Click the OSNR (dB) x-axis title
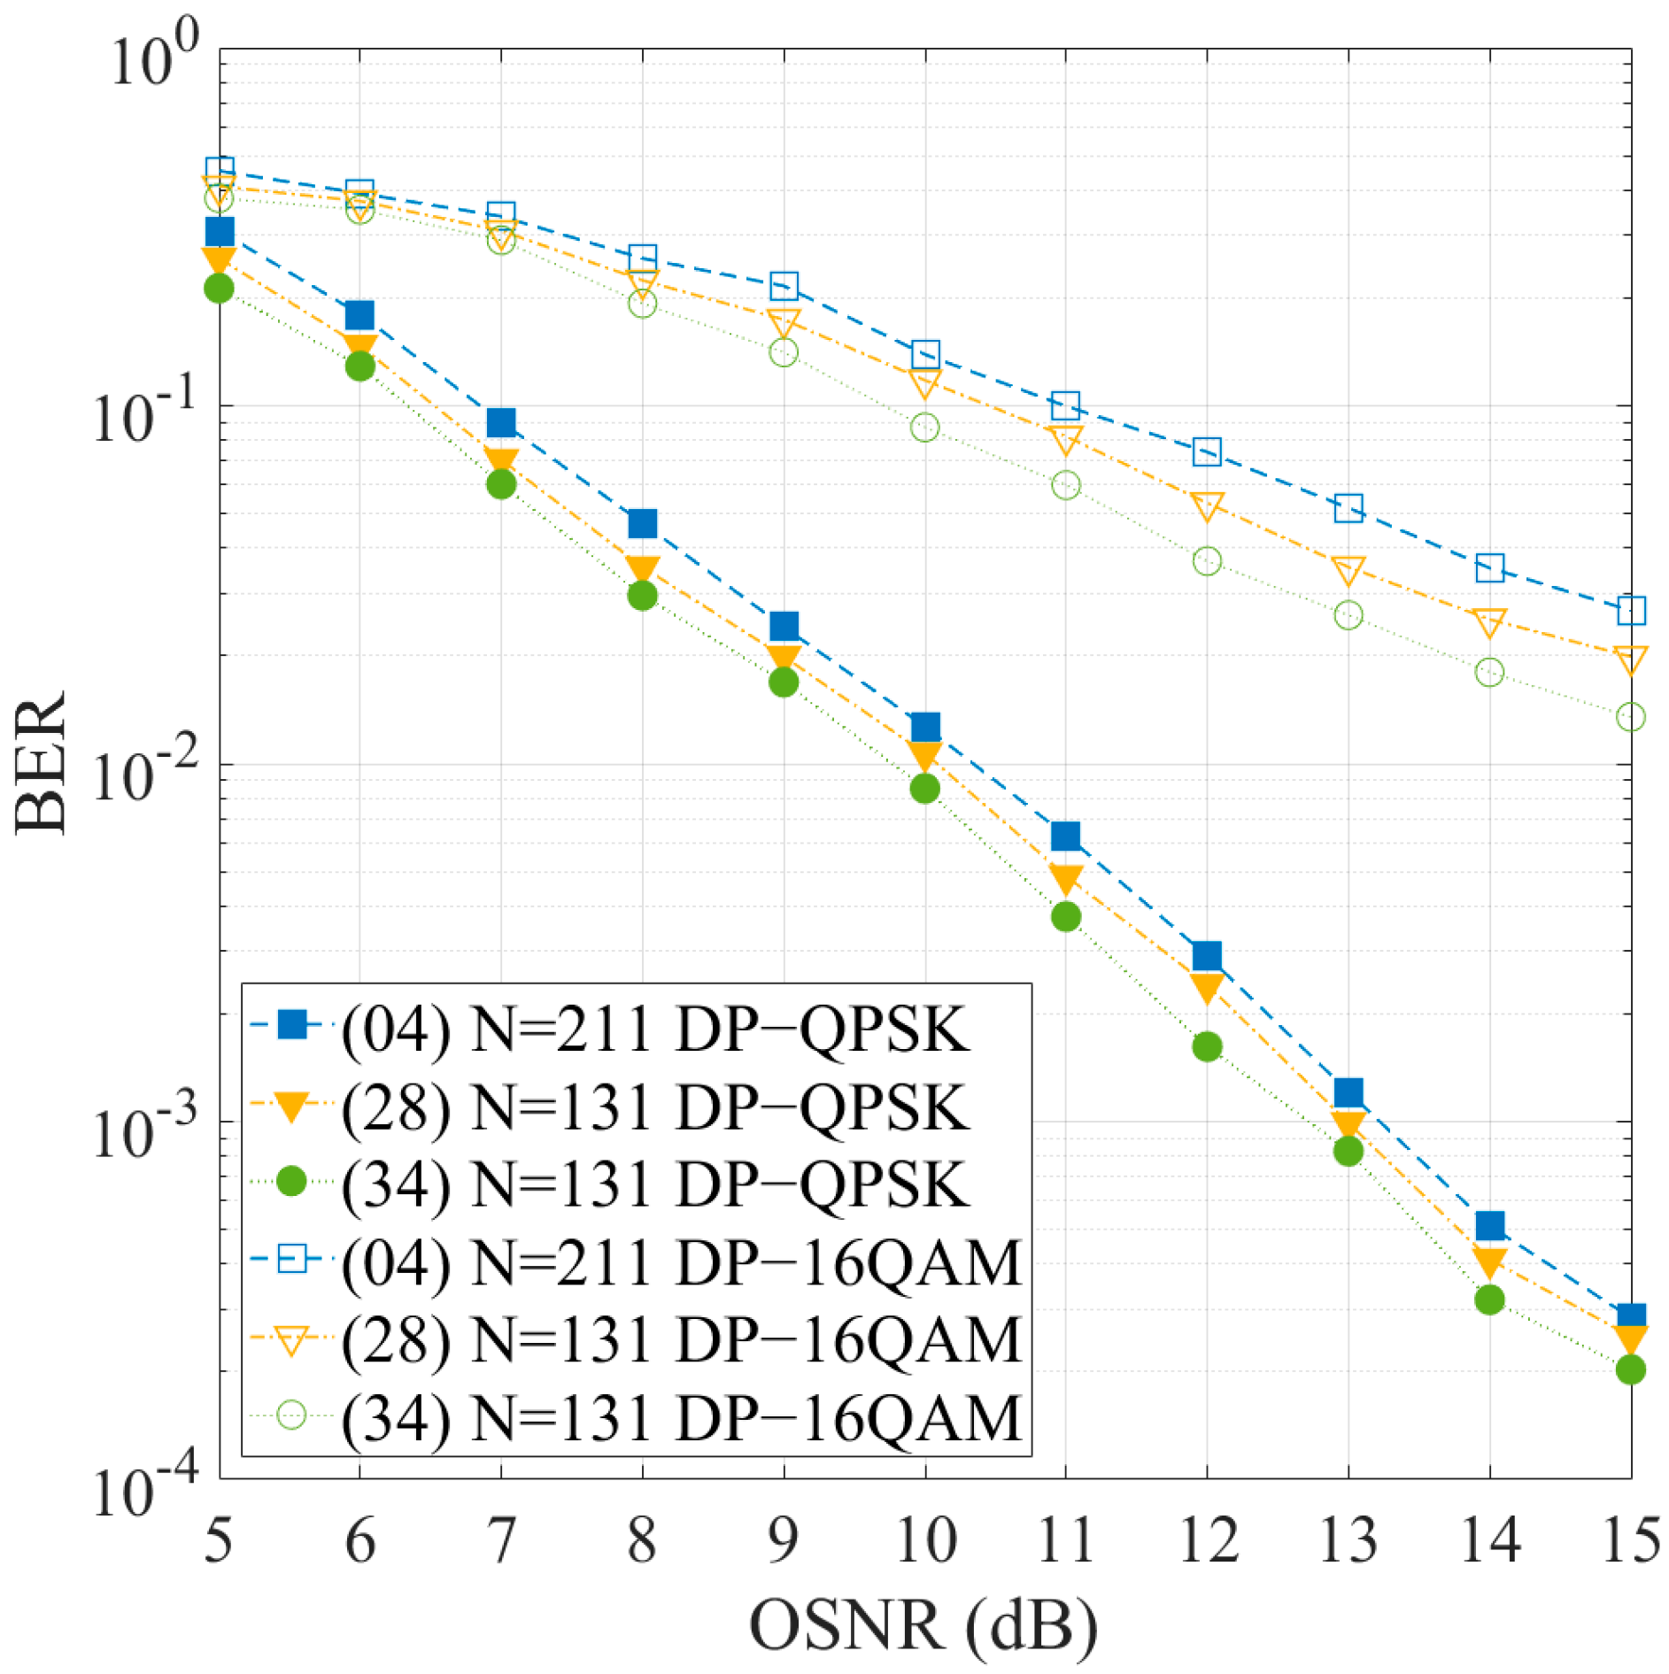pos(923,1625)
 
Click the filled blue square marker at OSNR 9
pos(784,627)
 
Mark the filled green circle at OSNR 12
pos(1207,1047)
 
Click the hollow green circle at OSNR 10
pos(925,428)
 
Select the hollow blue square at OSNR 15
pos(1631,610)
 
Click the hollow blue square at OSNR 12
pos(1207,451)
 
